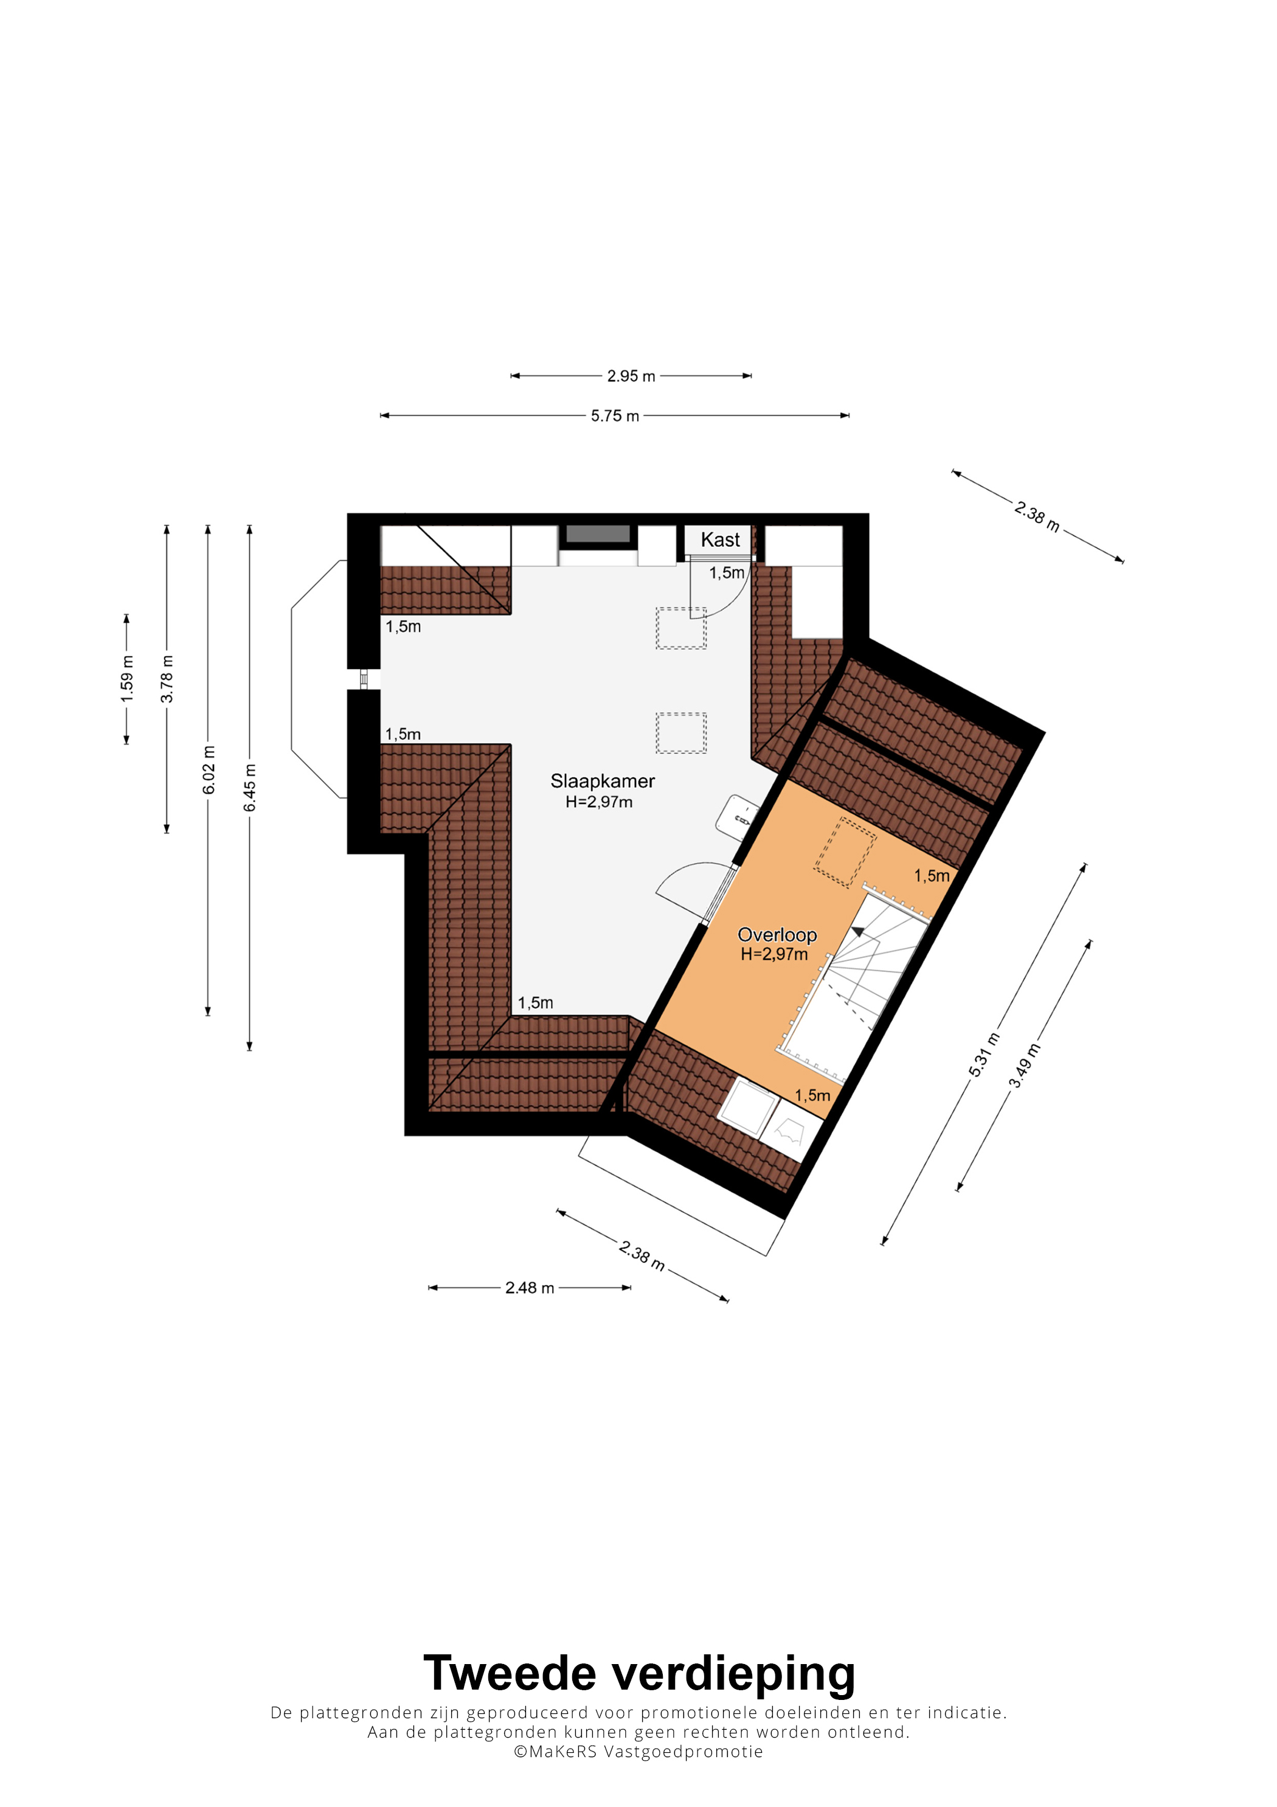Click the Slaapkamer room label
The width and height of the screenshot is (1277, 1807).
[602, 781]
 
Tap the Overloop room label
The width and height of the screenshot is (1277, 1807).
[777, 935]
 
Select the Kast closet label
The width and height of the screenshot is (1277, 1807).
[720, 540]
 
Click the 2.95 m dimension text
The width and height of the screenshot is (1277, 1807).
[631, 376]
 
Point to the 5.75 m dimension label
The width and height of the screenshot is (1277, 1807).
[615, 415]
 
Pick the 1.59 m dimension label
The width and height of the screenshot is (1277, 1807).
[126, 679]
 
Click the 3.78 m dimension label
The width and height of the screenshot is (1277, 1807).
[167, 679]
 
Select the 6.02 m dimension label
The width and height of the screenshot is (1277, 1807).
[209, 770]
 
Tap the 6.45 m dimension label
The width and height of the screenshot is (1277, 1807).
[249, 788]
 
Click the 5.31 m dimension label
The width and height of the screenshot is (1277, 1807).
[985, 1055]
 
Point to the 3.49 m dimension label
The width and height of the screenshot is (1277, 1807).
[1025, 1066]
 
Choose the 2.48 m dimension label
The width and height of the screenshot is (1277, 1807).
[530, 1288]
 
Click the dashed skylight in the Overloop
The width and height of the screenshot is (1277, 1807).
[845, 852]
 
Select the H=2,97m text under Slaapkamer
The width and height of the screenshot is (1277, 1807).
[599, 802]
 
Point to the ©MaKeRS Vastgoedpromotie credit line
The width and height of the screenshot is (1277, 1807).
[638, 1751]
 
